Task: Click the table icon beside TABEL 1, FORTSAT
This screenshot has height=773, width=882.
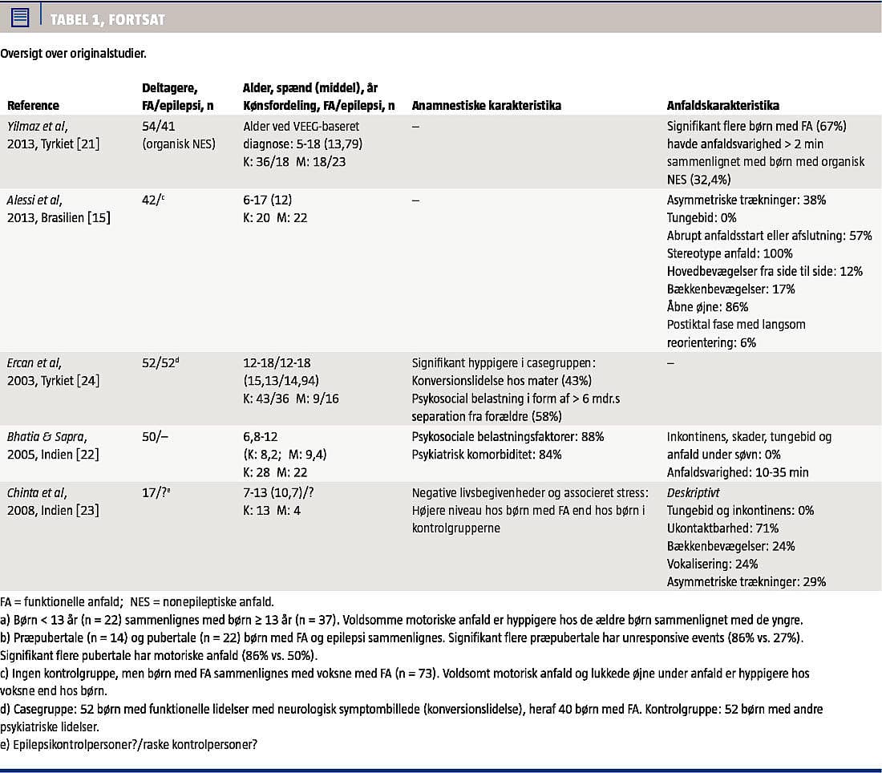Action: click(20, 17)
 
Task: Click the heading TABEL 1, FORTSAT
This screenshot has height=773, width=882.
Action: click(108, 18)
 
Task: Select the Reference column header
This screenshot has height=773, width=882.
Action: click(33, 106)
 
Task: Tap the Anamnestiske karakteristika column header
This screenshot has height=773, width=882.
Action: click(486, 106)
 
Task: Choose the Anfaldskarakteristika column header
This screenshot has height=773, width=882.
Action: click(722, 106)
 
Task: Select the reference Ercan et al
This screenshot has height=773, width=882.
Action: click(34, 362)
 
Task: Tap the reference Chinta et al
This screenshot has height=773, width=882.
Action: click(37, 492)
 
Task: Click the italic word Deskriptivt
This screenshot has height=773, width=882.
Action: click(696, 492)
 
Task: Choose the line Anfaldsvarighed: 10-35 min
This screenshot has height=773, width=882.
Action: click(738, 472)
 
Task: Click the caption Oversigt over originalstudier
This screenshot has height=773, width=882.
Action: click(73, 55)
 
